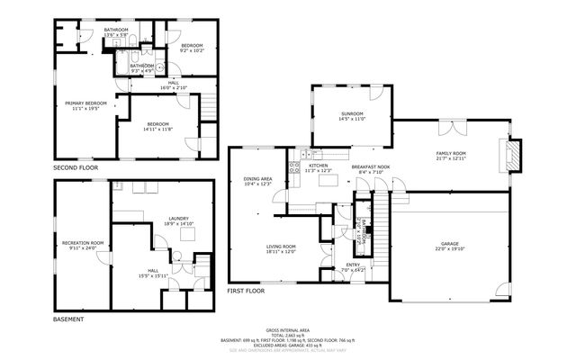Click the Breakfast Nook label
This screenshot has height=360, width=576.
coord(370,168)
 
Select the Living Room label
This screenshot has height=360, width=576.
coord(281,248)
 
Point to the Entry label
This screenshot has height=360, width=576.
coord(353,266)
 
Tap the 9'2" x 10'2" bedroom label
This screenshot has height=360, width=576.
coord(191,49)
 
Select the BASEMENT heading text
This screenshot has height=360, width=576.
coord(68,319)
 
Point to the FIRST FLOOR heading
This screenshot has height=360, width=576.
coord(246,292)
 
